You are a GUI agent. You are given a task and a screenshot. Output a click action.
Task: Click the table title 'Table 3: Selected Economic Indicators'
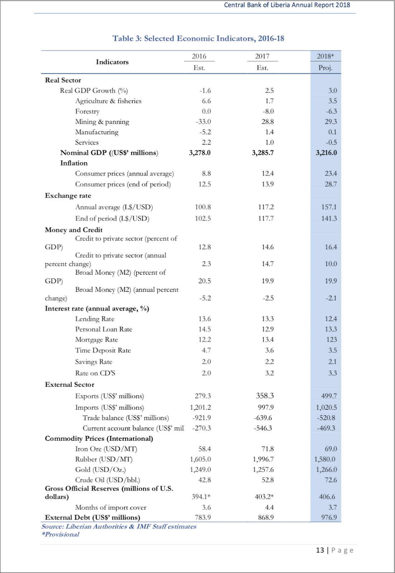(198, 38)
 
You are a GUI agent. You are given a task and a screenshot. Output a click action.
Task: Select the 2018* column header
(325, 56)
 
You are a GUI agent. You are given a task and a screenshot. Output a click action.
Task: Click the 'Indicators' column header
(112, 62)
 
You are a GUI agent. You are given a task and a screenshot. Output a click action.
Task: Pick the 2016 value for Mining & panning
(203, 122)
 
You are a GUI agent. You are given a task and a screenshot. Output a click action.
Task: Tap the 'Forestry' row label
(87, 111)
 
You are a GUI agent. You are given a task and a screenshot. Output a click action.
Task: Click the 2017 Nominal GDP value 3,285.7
(262, 153)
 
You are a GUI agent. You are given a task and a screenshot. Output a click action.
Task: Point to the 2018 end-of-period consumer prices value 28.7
(331, 184)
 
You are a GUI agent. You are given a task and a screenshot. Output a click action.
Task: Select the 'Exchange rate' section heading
(68, 196)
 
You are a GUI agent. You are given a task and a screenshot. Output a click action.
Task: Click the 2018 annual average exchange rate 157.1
(329, 207)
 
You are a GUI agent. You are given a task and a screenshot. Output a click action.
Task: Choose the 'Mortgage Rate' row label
(96, 340)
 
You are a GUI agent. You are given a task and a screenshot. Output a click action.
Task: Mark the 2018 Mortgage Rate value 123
(332, 340)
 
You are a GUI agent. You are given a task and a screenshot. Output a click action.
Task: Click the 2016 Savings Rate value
(206, 362)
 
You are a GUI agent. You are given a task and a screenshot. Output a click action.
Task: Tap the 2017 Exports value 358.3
(265, 396)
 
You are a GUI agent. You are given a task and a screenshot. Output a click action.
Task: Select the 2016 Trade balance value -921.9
(202, 418)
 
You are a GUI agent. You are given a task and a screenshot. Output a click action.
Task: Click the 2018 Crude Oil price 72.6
(331, 480)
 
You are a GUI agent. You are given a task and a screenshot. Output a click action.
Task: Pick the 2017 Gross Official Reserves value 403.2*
(263, 497)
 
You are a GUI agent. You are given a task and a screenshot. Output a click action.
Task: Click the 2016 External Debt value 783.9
(203, 517)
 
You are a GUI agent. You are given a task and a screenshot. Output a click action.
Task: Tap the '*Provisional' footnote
(60, 534)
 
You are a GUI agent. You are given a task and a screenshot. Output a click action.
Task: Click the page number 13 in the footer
(320, 550)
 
